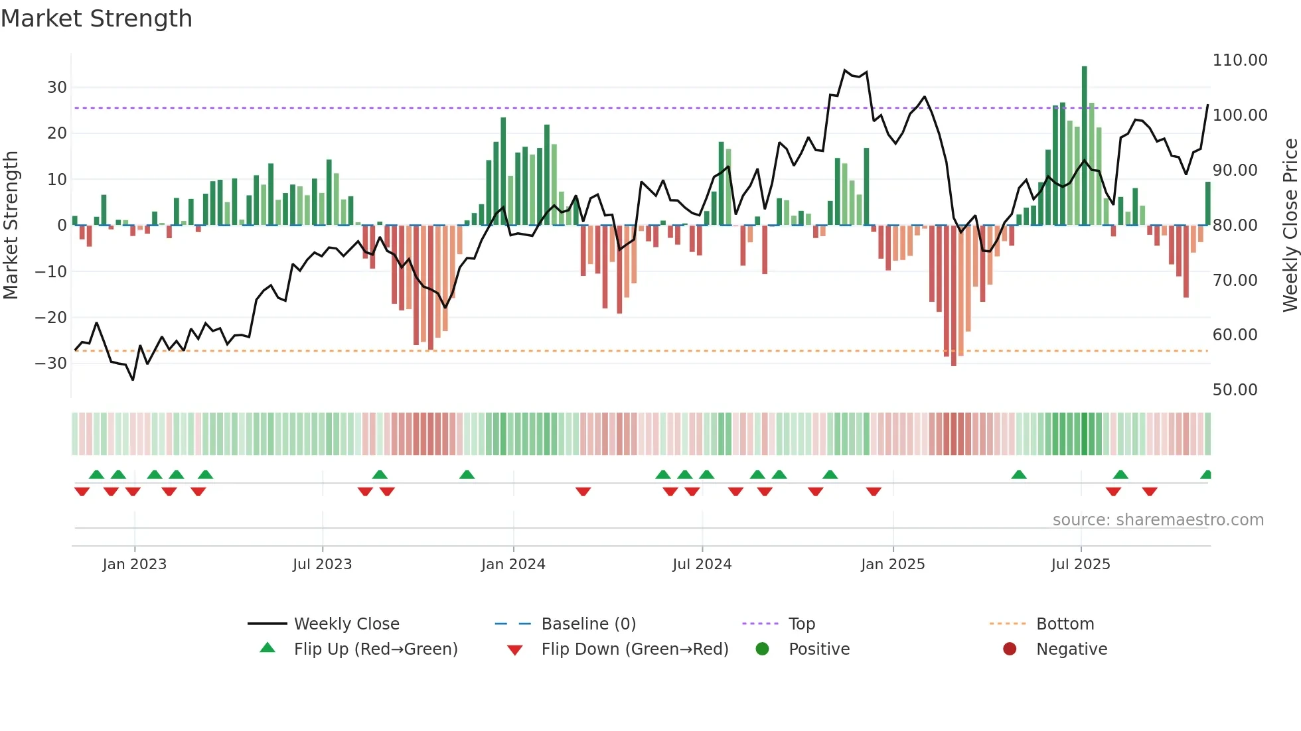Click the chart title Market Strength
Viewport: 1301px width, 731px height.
pos(97,19)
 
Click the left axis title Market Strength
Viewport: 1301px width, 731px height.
pos(11,225)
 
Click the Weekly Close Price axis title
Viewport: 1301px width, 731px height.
pos(1290,225)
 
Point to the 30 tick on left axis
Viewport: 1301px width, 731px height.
pos(56,88)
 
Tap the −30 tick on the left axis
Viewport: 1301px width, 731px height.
pos(51,364)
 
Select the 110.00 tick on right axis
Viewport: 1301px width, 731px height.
pos(1239,60)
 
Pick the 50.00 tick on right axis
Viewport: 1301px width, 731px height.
pos(1235,390)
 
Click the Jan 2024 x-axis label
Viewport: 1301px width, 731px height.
pos(513,565)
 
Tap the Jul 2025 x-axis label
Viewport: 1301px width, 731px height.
pos(1080,565)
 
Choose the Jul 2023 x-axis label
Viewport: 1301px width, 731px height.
pos(322,565)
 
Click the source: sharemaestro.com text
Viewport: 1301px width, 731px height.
pos(1158,520)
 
